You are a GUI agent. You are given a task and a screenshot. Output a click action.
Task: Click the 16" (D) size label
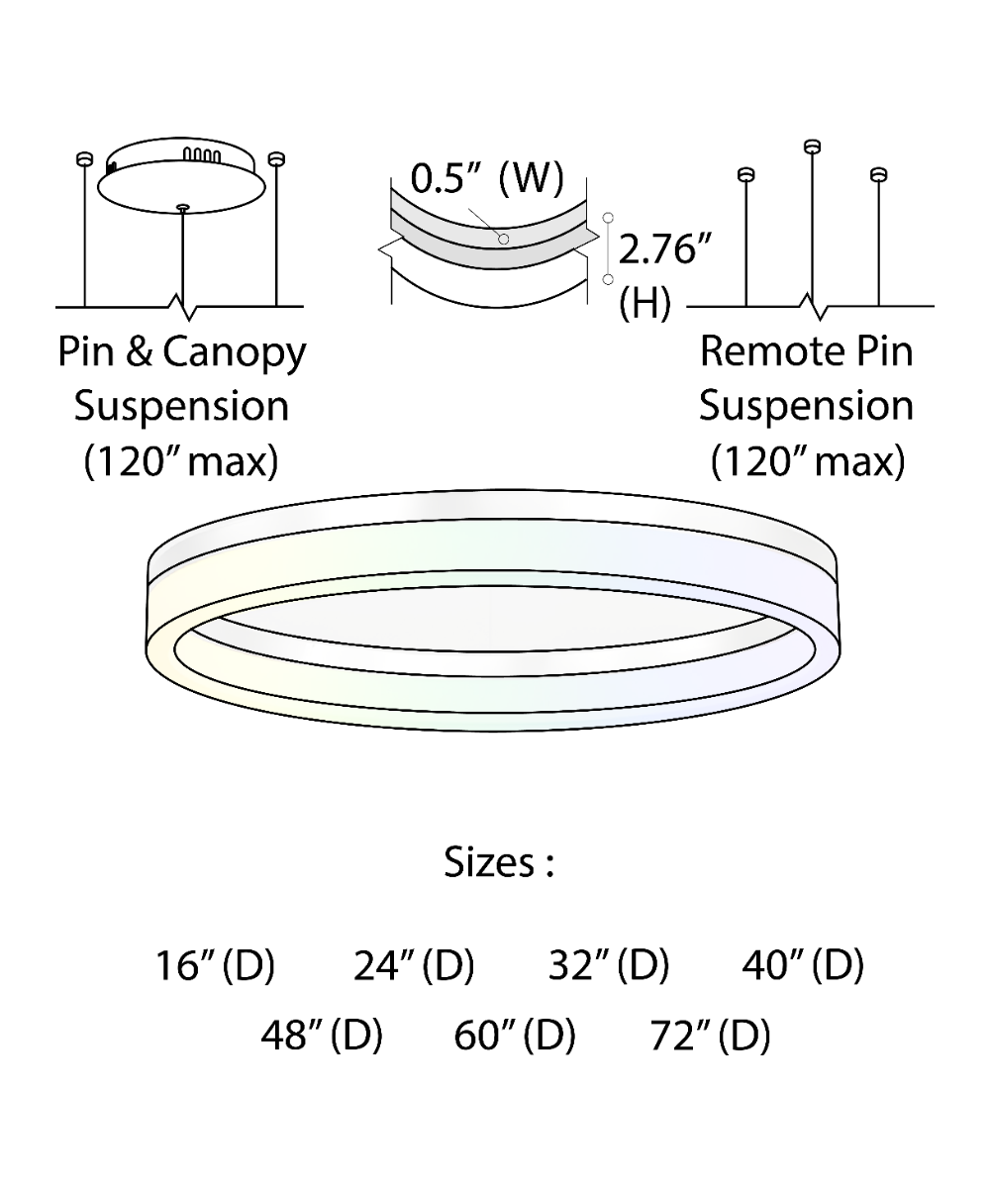tap(214, 965)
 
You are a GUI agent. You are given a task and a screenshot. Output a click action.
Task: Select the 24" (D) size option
tap(414, 965)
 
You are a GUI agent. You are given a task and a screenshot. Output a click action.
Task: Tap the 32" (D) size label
tap(609, 965)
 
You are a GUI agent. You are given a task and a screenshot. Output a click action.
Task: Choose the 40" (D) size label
tap(803, 965)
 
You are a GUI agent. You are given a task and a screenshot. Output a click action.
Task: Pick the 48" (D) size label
tap(322, 1036)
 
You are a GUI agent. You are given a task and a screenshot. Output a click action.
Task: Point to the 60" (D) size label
tap(515, 1036)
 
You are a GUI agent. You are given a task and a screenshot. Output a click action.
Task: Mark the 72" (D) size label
tap(710, 1036)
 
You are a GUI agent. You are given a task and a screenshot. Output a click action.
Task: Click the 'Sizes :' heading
tap(498, 862)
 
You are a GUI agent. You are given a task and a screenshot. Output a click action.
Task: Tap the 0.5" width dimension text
tap(445, 179)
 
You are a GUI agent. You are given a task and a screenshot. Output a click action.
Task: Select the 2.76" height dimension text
tap(665, 250)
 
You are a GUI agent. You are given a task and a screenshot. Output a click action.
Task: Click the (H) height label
tap(644, 304)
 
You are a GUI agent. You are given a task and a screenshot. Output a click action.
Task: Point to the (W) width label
tap(531, 179)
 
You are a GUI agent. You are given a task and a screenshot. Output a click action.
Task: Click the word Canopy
tap(235, 353)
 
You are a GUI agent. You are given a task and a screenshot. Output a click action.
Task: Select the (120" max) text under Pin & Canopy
tap(181, 461)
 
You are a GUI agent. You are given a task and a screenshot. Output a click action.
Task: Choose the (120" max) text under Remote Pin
tap(808, 461)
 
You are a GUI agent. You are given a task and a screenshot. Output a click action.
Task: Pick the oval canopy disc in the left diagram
tap(182, 188)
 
